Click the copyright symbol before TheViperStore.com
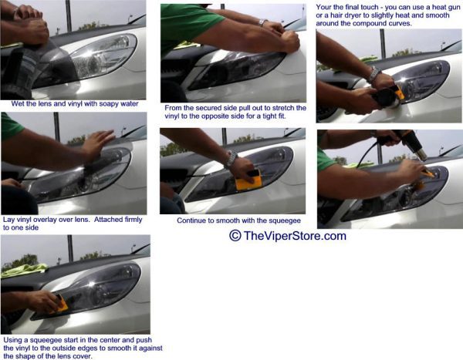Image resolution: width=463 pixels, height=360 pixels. tap(235, 235)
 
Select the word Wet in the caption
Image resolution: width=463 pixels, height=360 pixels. tap(17, 103)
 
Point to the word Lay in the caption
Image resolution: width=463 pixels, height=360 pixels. tap(8, 220)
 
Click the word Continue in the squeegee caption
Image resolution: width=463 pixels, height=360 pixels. tap(189, 220)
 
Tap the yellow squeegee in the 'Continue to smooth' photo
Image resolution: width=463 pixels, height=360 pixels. tap(248, 180)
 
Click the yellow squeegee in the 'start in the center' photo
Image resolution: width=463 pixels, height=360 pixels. tap(61, 304)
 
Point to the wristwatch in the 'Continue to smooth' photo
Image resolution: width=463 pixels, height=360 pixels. tap(231, 160)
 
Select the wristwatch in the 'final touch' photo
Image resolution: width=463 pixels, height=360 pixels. tap(373, 75)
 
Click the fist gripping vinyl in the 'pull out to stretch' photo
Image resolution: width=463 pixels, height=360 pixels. tap(289, 42)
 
